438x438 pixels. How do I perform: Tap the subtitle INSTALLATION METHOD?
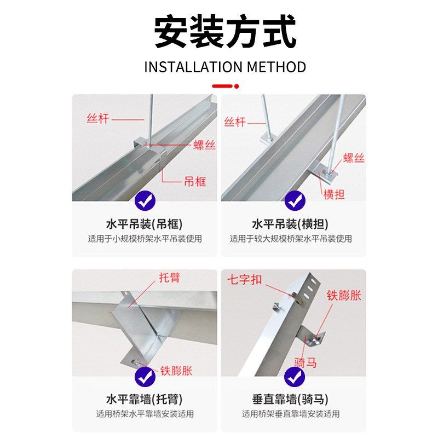coord(225,67)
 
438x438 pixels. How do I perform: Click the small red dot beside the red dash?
coord(237,86)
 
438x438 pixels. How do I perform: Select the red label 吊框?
coord(195,181)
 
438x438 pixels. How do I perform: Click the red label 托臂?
coord(169,278)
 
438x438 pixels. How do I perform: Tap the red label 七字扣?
coord(245,280)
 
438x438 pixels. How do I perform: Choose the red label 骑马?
coord(306,362)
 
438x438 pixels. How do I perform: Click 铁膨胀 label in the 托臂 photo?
coord(176,371)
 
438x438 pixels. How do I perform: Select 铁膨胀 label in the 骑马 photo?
coord(344,296)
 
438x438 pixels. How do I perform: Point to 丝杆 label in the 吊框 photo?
coord(98,118)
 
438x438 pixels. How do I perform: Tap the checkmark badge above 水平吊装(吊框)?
coord(145,201)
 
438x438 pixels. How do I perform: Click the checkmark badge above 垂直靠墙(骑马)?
coord(295,376)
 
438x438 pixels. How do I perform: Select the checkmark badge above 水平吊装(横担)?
coord(295,201)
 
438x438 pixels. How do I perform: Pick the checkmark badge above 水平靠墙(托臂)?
coord(145,376)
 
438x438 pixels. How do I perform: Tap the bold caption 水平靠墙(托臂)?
coord(144,399)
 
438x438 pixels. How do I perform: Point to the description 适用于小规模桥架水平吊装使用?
coord(145,239)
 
